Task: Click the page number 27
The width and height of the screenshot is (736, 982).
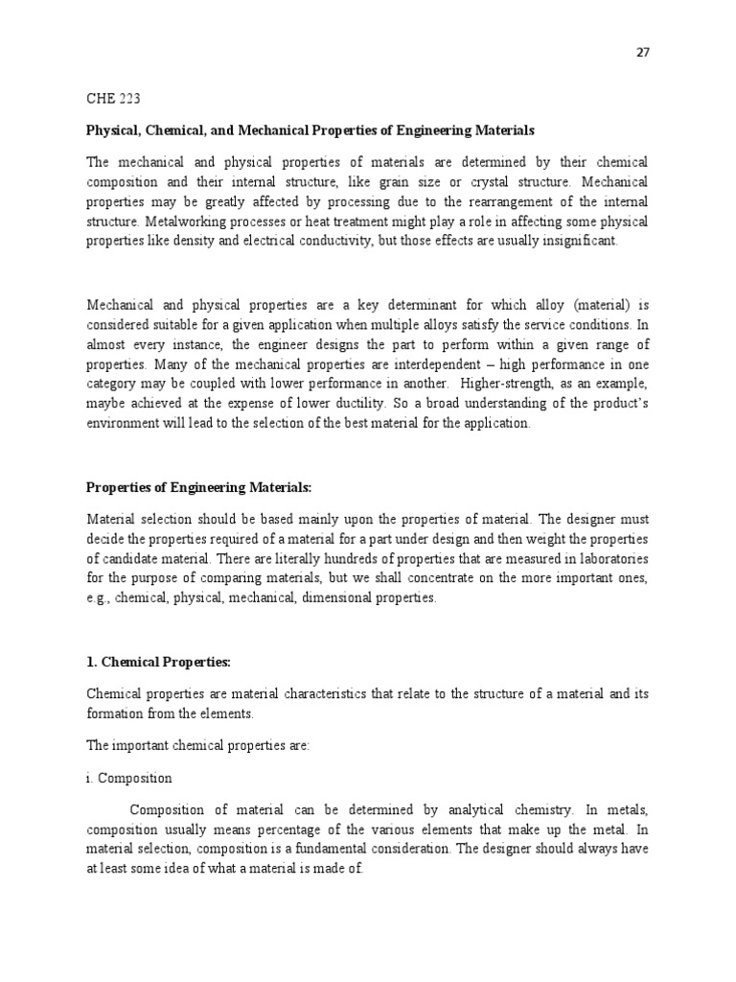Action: [643, 54]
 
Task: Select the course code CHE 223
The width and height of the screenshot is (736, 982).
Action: [113, 99]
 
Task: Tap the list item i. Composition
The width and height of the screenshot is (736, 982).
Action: [129, 779]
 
